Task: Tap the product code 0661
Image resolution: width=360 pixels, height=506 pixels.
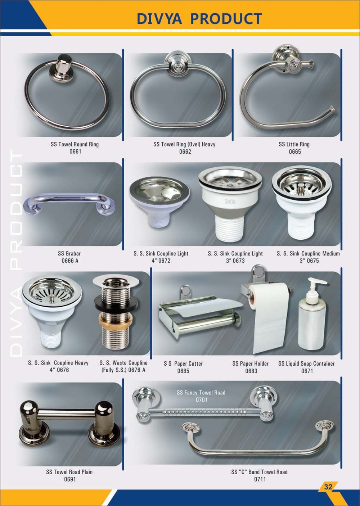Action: click(x=75, y=152)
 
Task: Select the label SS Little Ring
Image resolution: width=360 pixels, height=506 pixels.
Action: click(x=294, y=144)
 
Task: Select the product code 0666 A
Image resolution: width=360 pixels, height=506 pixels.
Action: click(x=70, y=261)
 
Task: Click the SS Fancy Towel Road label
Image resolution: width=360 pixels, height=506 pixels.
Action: click(x=201, y=392)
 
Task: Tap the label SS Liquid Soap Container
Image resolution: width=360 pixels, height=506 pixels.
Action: click(x=306, y=363)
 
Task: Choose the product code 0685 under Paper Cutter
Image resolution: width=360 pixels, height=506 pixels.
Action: click(x=183, y=371)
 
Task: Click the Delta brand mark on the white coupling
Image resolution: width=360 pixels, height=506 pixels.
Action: click(x=230, y=201)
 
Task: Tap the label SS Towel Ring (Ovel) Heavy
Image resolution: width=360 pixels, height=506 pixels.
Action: click(x=184, y=144)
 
